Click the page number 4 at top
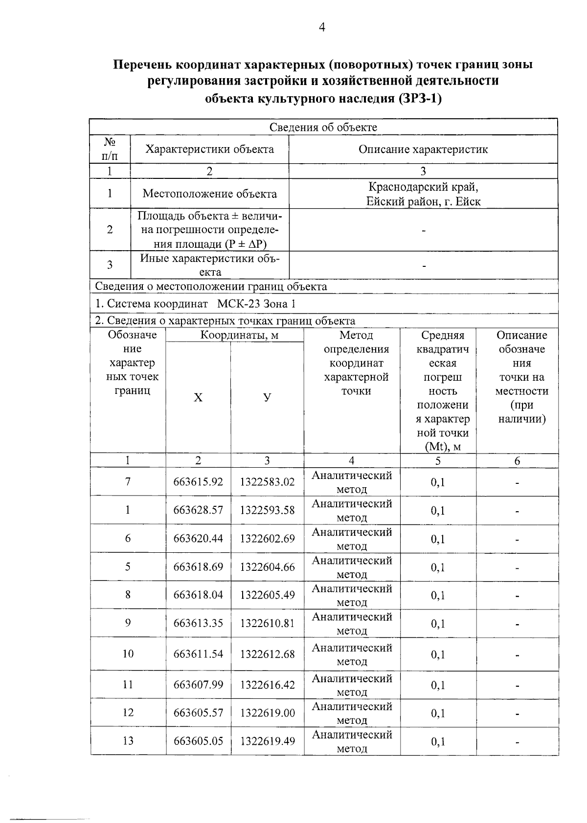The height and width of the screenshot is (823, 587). [321, 28]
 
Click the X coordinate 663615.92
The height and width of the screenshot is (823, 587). [198, 482]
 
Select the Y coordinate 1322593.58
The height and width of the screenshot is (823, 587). [267, 510]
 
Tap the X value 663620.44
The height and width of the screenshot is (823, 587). [198, 539]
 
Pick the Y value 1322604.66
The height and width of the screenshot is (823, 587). [267, 567]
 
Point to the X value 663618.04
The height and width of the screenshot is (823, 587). [198, 595]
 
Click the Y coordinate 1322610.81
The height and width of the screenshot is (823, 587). [267, 623]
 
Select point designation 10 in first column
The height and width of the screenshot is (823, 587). [128, 654]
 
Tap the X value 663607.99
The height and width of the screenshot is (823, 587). [198, 685]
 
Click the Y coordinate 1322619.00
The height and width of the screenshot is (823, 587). [267, 713]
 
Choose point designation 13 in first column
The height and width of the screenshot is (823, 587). [128, 741]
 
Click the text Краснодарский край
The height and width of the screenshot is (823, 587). [423, 187]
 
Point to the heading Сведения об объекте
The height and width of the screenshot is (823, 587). [323, 128]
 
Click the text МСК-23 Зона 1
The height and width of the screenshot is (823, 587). [256, 304]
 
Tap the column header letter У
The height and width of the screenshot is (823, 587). [267, 397]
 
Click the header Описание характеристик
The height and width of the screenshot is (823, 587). [423, 150]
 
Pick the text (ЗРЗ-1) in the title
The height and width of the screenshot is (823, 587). [420, 99]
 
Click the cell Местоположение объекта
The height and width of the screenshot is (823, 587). [209, 194]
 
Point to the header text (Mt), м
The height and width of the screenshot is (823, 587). [443, 447]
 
